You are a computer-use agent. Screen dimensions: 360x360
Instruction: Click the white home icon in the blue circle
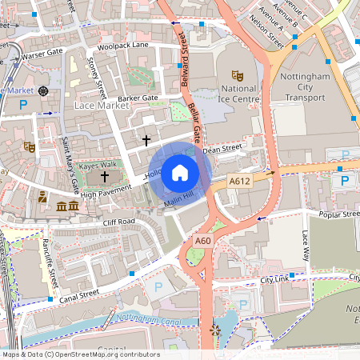(x=180, y=172)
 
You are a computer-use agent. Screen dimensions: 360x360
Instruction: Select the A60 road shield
(x=203, y=240)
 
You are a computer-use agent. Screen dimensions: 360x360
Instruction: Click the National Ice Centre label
(x=238, y=95)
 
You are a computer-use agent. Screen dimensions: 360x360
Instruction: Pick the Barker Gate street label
(x=139, y=98)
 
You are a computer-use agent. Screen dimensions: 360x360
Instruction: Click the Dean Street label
(x=222, y=149)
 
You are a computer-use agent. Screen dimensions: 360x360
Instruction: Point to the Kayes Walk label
(x=98, y=164)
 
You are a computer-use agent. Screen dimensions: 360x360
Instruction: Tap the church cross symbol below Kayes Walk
(x=104, y=176)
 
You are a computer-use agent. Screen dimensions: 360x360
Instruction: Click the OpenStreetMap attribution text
(x=80, y=354)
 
